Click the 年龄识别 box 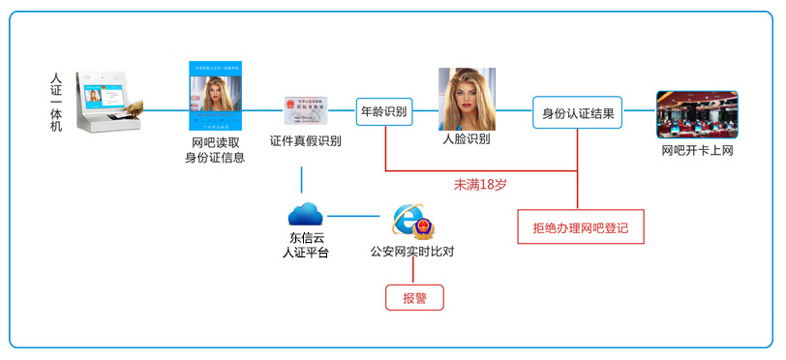(383, 111)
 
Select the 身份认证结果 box (577, 111)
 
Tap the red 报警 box (414, 297)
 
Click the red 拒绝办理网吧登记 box (581, 227)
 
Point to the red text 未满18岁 (480, 184)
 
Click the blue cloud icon (305, 214)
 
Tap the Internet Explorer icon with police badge (411, 221)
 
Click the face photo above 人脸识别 (467, 99)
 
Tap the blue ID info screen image (215, 95)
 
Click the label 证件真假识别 (305, 141)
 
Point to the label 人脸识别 (466, 139)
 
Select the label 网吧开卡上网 (697, 150)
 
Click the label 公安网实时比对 (412, 253)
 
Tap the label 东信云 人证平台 (305, 245)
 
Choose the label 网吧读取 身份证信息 (215, 150)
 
